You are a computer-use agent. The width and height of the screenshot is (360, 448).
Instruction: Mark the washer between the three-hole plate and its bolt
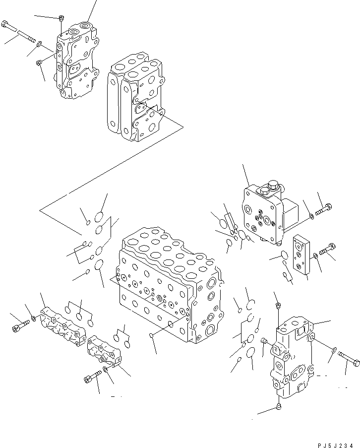316,256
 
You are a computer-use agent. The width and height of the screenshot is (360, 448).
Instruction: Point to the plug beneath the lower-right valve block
278,407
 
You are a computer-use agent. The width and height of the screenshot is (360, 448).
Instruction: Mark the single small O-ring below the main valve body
151,338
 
